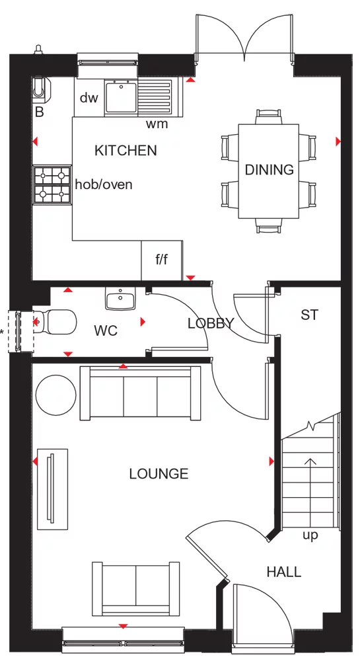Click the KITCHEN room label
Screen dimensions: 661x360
pyautogui.click(x=126, y=151)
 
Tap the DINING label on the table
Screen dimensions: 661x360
pyautogui.click(x=269, y=170)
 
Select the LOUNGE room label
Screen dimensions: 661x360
pyautogui.click(x=159, y=474)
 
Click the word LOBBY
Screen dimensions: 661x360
pyautogui.click(x=210, y=323)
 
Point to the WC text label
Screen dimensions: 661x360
pyautogui.click(x=106, y=330)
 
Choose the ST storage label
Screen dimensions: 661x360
pyautogui.click(x=309, y=315)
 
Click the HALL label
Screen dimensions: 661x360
pyautogui.click(x=284, y=572)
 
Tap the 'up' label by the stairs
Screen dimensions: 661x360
pyautogui.click(x=310, y=535)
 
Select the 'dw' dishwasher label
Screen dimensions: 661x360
pyautogui.click(x=89, y=98)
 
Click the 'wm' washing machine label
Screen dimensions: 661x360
pyautogui.click(x=157, y=124)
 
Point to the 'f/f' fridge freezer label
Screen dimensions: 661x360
pyautogui.click(x=161, y=260)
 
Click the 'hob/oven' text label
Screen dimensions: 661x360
pyautogui.click(x=104, y=184)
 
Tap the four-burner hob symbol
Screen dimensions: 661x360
pyautogui.click(x=52, y=184)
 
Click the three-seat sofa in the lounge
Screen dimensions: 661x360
pyautogui.click(x=140, y=393)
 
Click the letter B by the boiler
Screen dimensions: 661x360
pyautogui.click(x=39, y=113)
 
